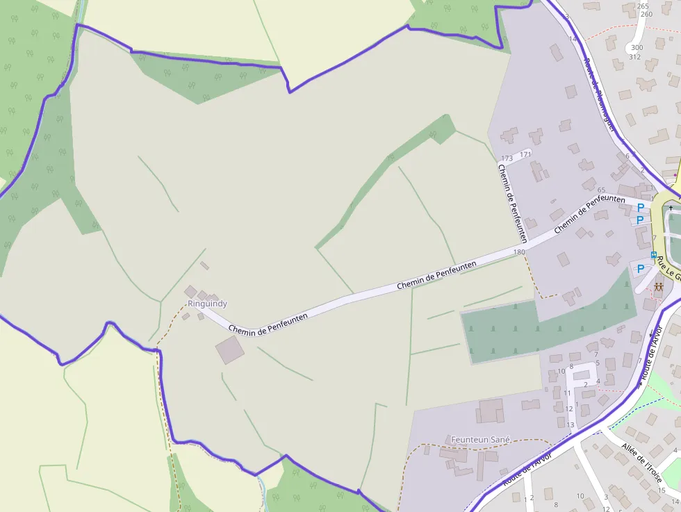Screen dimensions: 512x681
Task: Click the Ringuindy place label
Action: (x=207, y=304)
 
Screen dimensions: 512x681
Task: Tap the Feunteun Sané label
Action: (x=481, y=440)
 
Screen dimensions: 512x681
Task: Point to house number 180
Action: (x=519, y=252)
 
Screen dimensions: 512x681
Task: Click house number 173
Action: (x=507, y=158)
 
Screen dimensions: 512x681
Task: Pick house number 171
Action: (x=525, y=154)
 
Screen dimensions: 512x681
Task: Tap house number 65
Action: (x=601, y=190)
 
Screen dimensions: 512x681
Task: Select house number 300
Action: (x=637, y=48)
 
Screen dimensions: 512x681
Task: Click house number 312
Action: (x=634, y=57)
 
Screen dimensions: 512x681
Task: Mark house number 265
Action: (x=643, y=6)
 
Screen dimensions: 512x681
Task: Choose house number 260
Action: (x=646, y=14)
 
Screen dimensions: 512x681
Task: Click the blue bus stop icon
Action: (x=653, y=255)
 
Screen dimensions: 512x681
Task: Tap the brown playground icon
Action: (x=659, y=286)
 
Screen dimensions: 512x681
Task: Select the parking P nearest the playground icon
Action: (x=640, y=268)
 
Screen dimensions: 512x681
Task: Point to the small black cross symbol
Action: (x=671, y=207)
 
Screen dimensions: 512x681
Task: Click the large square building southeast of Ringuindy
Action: (x=229, y=350)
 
